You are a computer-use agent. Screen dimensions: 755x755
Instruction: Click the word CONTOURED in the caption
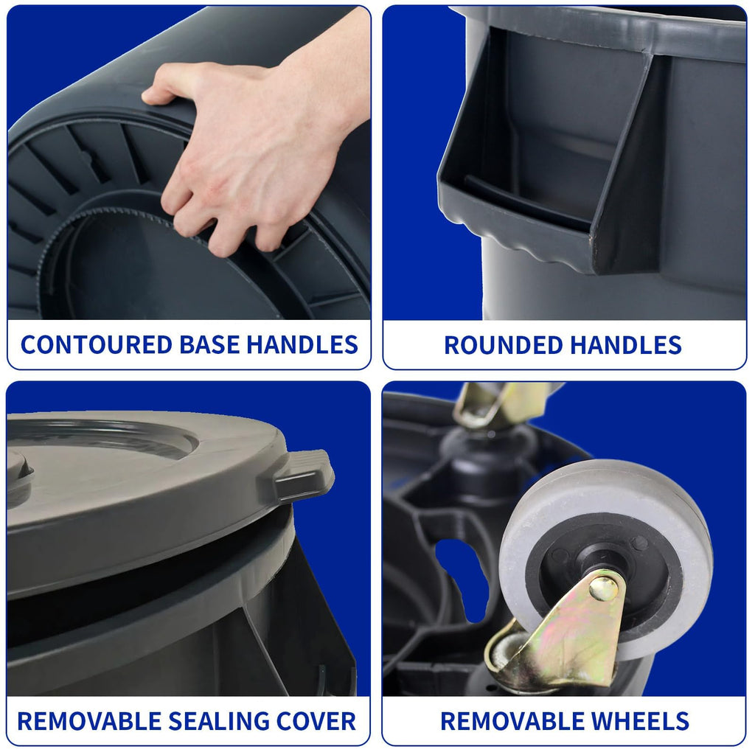(97, 345)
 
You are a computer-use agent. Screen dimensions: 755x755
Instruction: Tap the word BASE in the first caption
(209, 345)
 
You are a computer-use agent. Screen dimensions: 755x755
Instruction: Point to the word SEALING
(218, 721)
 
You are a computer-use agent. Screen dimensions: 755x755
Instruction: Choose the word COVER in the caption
(316, 721)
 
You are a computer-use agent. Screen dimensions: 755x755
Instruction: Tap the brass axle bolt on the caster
(603, 588)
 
